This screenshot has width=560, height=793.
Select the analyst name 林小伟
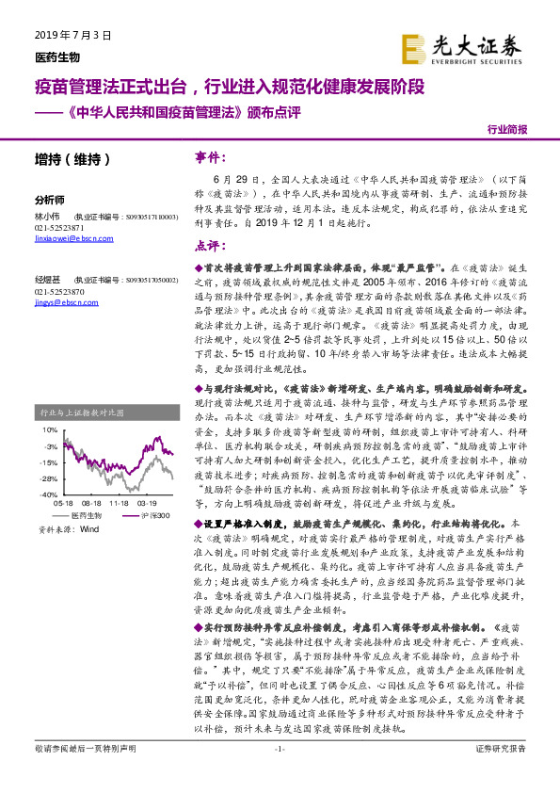46,216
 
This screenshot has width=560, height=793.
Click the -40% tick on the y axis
48,493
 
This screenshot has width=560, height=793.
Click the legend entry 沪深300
154,515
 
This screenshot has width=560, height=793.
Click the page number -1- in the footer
280,774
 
